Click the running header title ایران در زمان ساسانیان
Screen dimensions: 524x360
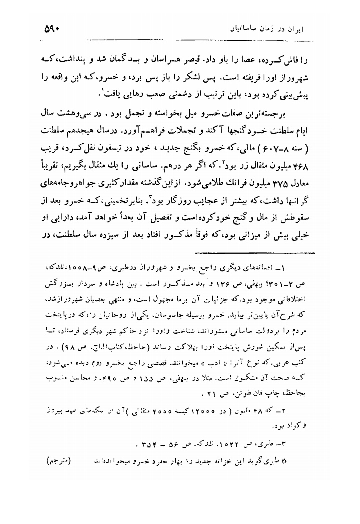(268, 30)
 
